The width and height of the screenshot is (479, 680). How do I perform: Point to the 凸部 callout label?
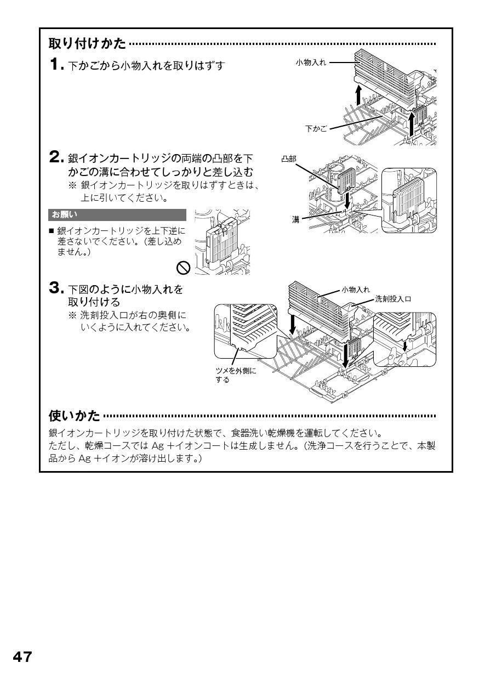(x=288, y=158)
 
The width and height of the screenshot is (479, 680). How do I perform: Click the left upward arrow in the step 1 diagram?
(x=358, y=95)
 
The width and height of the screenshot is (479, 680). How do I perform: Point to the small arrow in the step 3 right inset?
(x=404, y=346)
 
